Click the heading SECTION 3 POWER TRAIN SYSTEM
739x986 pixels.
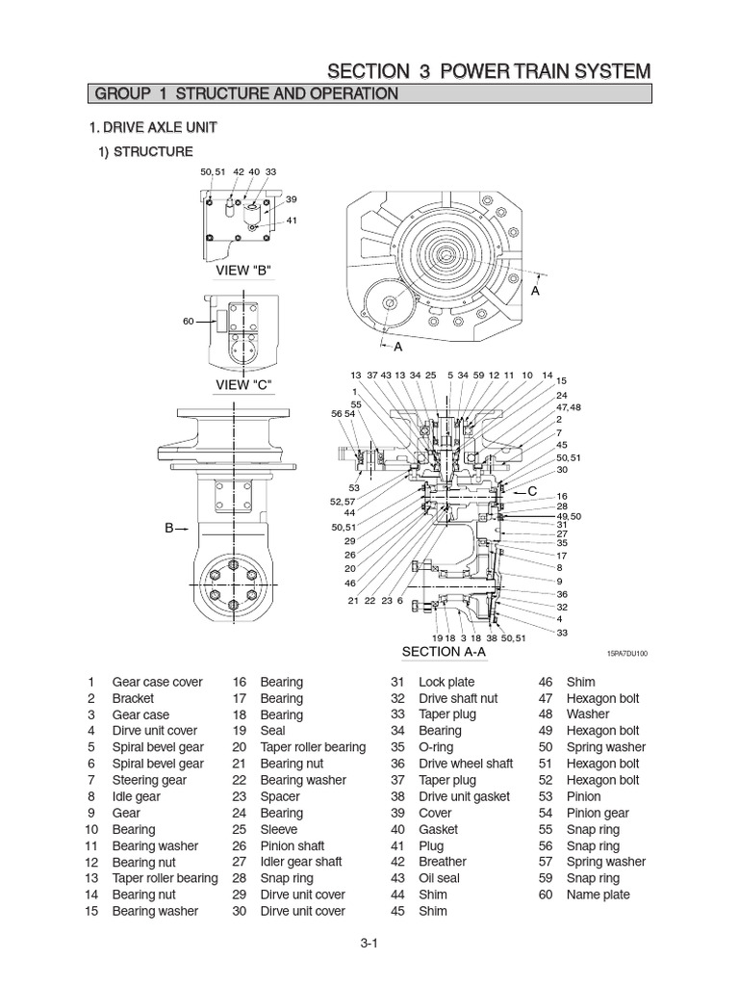coord(489,71)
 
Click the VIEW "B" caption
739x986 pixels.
coord(244,269)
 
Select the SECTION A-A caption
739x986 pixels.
coord(444,652)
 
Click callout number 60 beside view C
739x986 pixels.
coord(189,321)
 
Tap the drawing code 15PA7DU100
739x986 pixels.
coord(626,653)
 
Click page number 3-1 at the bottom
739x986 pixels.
coord(369,944)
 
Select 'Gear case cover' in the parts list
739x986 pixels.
coord(158,682)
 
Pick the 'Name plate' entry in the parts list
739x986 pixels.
coord(598,895)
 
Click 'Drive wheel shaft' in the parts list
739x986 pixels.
coord(466,764)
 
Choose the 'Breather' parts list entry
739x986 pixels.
coord(443,862)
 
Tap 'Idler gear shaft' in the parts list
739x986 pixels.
coord(301,862)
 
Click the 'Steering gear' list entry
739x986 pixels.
coord(149,780)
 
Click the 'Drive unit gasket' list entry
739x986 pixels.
coord(464,796)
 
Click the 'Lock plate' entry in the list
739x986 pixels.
coord(446,682)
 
